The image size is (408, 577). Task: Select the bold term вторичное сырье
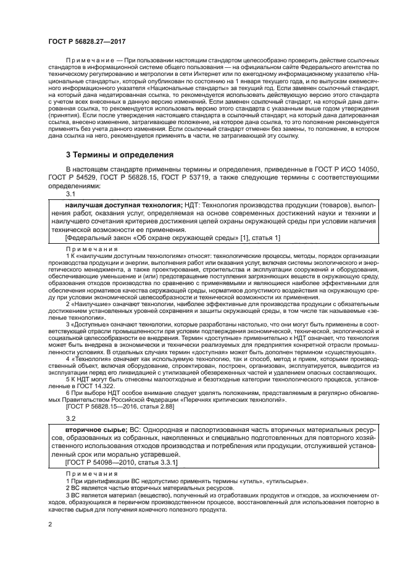click(96, 428)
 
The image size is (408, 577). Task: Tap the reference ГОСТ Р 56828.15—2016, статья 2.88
click(121, 407)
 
